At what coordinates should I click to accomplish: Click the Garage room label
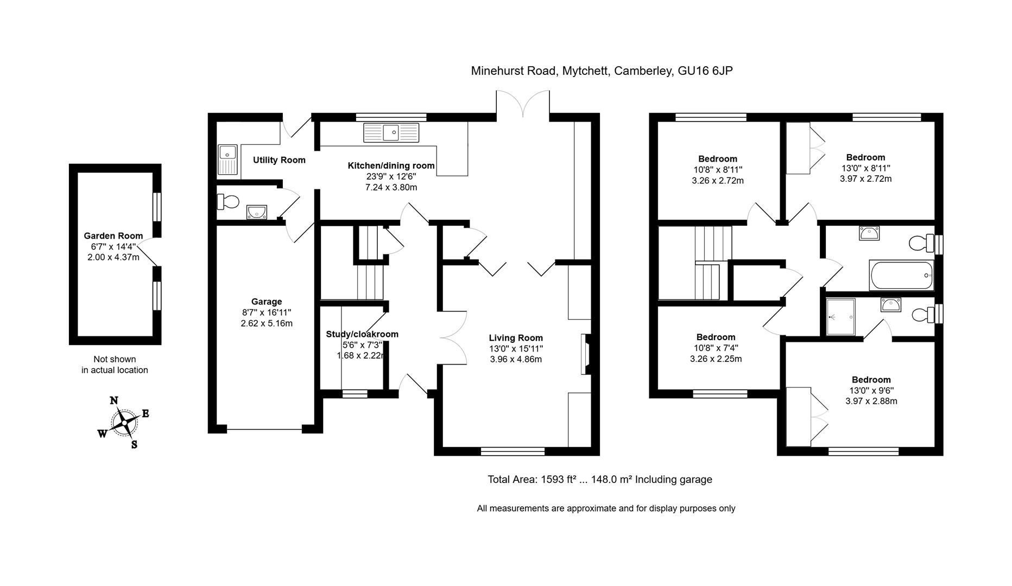[266, 302]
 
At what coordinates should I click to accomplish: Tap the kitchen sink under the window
[391, 132]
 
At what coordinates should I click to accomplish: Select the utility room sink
[227, 159]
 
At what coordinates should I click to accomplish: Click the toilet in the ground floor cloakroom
[228, 202]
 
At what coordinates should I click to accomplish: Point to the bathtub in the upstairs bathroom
[902, 276]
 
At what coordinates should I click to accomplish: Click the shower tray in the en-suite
[840, 317]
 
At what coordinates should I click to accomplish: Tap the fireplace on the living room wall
[586, 354]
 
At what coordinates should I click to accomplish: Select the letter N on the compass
[114, 401]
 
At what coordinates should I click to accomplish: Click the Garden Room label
[113, 235]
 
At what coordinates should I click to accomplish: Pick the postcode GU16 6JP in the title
[705, 71]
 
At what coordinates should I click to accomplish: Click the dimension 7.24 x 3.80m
[391, 187]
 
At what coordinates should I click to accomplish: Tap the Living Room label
[515, 337]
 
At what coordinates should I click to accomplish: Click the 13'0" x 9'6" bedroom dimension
[871, 390]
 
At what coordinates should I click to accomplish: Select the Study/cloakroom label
[362, 334]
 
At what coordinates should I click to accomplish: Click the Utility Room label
[279, 160]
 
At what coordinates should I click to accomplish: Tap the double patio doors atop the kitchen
[523, 105]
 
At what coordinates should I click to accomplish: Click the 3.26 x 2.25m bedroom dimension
[716, 359]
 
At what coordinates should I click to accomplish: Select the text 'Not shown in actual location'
[115, 365]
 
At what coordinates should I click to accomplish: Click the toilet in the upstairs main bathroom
[919, 243]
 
